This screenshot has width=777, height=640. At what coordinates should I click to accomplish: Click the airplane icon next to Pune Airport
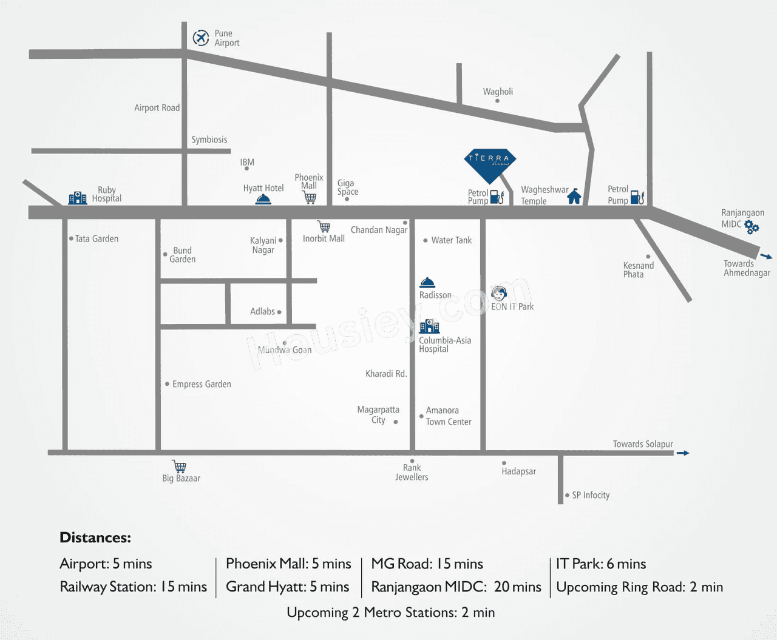pyautogui.click(x=201, y=38)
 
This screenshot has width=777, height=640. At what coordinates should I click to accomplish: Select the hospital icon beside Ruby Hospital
pyautogui.click(x=77, y=198)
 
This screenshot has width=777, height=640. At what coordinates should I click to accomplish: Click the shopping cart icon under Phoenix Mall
pyautogui.click(x=310, y=198)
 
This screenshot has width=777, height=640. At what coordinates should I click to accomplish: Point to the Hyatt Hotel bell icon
pyautogui.click(x=263, y=200)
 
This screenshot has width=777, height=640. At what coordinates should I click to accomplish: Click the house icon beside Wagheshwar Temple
pyautogui.click(x=574, y=196)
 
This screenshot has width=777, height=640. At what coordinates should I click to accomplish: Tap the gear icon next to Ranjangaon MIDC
pyautogui.click(x=752, y=227)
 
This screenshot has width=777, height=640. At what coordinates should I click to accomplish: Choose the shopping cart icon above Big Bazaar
pyautogui.click(x=179, y=467)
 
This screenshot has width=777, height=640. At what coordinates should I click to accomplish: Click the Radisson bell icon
pyautogui.click(x=427, y=283)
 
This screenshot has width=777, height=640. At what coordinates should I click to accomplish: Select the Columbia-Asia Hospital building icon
pyautogui.click(x=429, y=326)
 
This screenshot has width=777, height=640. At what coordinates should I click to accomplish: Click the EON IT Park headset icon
pyautogui.click(x=499, y=294)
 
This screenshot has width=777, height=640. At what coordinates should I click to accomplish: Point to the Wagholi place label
pyautogui.click(x=498, y=92)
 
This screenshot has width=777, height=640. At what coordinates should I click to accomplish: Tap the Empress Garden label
pyautogui.click(x=202, y=384)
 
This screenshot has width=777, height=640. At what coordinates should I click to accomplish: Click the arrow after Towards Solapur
pyautogui.click(x=683, y=453)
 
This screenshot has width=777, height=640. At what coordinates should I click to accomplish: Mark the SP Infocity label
pyautogui.click(x=591, y=495)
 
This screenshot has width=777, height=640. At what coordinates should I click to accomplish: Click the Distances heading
pyautogui.click(x=95, y=537)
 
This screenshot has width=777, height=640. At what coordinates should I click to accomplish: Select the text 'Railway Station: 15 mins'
pyautogui.click(x=133, y=587)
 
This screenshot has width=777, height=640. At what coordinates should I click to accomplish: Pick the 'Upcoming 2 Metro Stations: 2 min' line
pyautogui.click(x=390, y=612)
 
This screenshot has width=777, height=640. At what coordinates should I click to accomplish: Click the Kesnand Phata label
pyautogui.click(x=638, y=270)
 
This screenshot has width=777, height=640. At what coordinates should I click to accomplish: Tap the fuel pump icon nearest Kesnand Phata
pyautogui.click(x=637, y=197)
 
